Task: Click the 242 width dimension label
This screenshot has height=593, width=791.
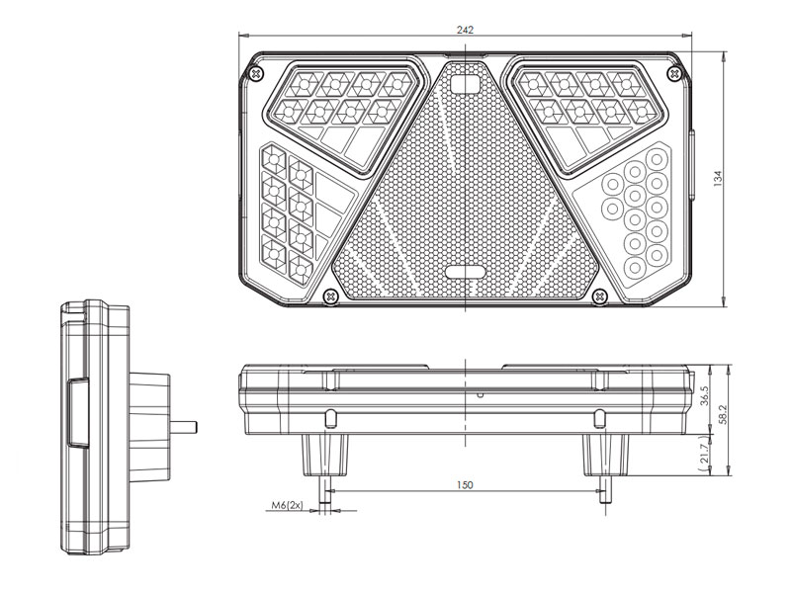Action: pyautogui.click(x=465, y=30)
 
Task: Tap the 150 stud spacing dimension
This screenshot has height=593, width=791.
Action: pyautogui.click(x=466, y=484)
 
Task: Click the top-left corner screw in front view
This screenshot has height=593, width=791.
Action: pyautogui.click(x=258, y=74)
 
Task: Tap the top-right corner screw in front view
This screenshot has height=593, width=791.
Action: pyautogui.click(x=673, y=74)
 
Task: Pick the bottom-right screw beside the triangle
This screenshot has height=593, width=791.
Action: pyautogui.click(x=598, y=295)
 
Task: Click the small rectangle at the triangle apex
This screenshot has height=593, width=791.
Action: pyautogui.click(x=465, y=85)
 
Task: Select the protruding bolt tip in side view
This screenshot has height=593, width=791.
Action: pyautogui.click(x=186, y=428)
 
